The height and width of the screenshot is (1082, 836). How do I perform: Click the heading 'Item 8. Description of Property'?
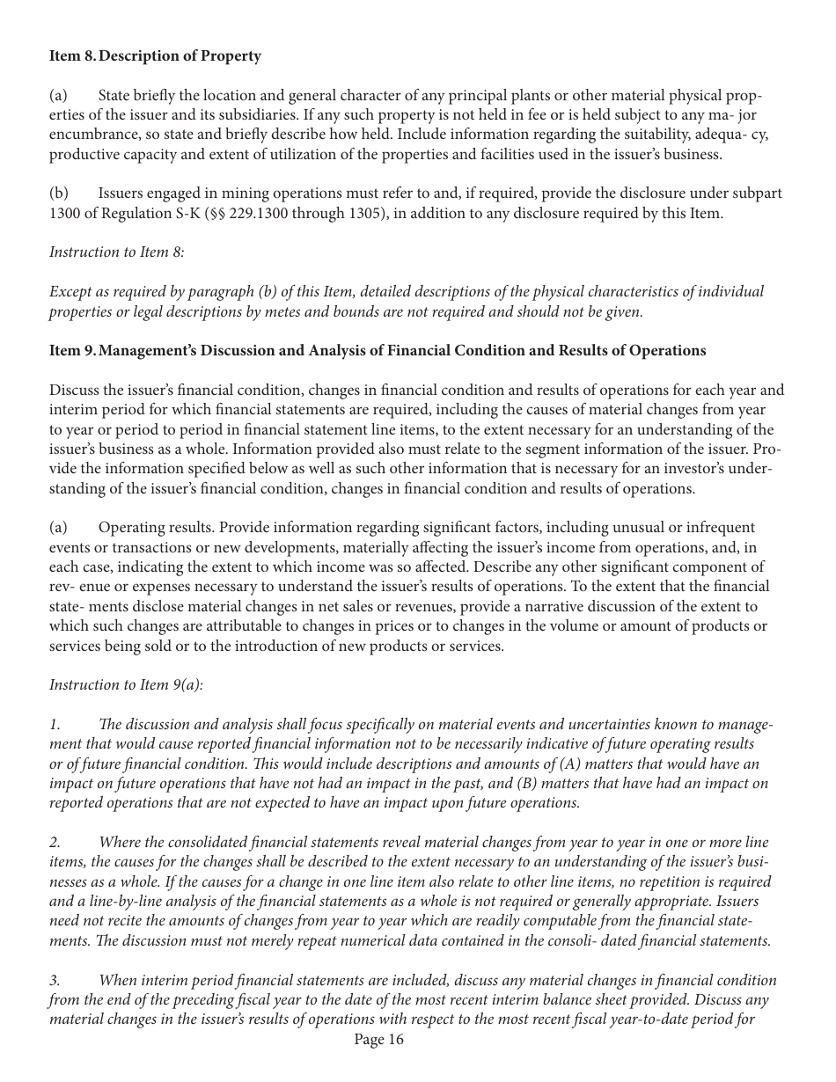(x=155, y=56)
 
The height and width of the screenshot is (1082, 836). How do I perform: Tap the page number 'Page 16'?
(x=378, y=1040)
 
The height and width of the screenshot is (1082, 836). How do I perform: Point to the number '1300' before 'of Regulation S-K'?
(x=65, y=213)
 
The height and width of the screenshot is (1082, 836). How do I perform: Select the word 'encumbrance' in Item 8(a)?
(x=90, y=135)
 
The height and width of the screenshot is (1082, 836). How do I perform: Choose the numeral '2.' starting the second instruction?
(x=55, y=843)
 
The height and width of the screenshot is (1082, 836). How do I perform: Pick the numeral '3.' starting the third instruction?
(x=55, y=980)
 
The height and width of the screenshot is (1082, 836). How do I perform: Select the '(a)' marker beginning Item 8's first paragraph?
(x=58, y=95)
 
